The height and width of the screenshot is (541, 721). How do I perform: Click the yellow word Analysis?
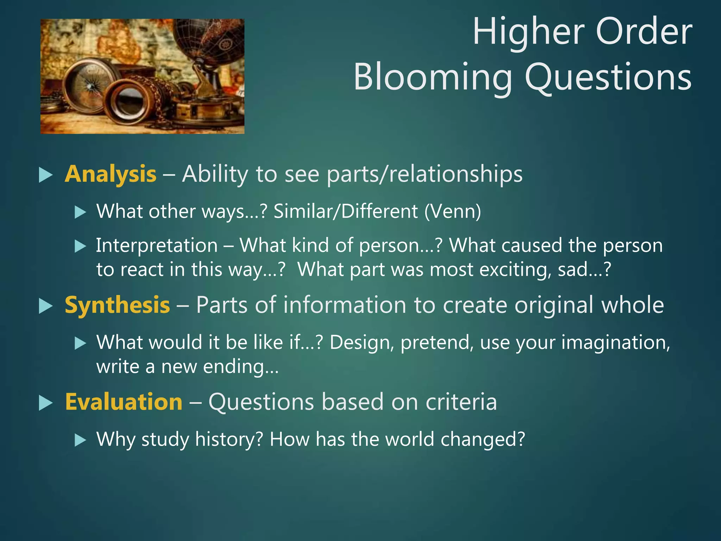click(x=110, y=174)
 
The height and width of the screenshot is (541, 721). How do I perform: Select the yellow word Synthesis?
click(x=117, y=305)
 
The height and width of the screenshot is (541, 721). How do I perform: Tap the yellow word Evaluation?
click(x=124, y=402)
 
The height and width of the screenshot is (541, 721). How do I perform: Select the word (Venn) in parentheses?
click(x=453, y=212)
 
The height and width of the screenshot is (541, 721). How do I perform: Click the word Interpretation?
click(x=157, y=245)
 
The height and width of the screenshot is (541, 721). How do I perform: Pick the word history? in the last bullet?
click(x=229, y=440)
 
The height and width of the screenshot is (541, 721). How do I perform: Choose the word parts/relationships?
click(x=424, y=174)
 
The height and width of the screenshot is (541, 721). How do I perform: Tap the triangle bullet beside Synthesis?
click(x=45, y=306)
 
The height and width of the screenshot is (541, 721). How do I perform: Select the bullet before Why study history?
click(x=80, y=440)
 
